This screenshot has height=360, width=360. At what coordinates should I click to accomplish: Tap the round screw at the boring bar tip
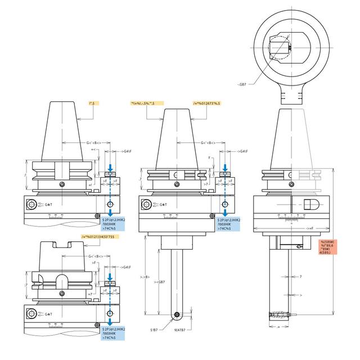[177, 314]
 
